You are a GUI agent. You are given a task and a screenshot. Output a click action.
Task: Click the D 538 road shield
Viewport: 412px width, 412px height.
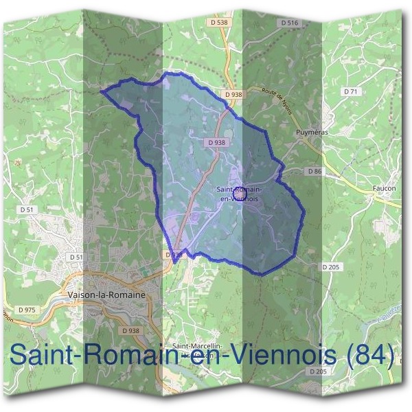(x=219, y=23)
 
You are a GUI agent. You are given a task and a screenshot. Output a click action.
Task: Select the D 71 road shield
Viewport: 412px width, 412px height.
(x=350, y=91)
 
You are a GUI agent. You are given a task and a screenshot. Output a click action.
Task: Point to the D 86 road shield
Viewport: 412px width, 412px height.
(x=314, y=170)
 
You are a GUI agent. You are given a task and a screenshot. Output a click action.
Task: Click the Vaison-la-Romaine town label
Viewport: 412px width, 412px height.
(x=108, y=294)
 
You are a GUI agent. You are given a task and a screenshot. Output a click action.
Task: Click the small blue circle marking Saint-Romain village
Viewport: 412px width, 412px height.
(x=240, y=193)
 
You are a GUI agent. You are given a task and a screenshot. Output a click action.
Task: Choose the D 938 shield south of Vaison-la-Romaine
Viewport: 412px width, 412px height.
(x=130, y=330)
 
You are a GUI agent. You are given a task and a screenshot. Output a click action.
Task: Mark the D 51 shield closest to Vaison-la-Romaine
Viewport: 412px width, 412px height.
(x=76, y=257)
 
